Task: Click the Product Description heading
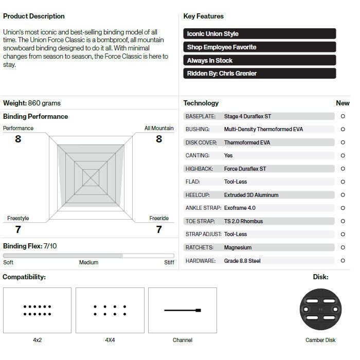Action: [34, 16]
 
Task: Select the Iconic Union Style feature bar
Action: [259, 34]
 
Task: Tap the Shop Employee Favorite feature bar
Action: [259, 47]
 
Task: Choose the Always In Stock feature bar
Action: [259, 61]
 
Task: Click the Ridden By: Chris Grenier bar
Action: [259, 74]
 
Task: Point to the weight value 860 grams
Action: [48, 103]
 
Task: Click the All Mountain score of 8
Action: [158, 139]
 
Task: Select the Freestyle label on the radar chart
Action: [18, 219]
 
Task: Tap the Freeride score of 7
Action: [159, 229]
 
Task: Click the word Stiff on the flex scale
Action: [169, 263]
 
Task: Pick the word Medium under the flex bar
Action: [88, 263]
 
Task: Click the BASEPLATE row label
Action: [201, 116]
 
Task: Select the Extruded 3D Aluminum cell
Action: [251, 195]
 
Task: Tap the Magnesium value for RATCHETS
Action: [238, 247]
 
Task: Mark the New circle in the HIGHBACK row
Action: [343, 169]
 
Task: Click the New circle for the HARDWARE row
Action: [343, 261]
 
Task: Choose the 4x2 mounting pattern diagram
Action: [37, 310]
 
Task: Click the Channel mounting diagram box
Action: [183, 310]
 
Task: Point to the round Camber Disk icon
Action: [320, 310]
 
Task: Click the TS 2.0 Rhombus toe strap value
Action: [243, 221]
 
